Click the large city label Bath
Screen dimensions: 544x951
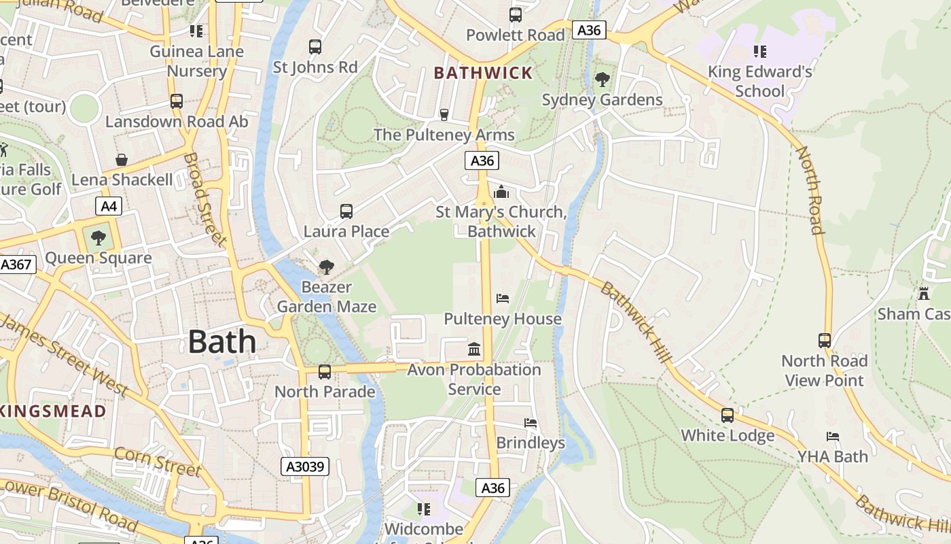point(221,341)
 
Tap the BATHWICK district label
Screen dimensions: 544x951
point(483,73)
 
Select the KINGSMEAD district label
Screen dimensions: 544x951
point(53,411)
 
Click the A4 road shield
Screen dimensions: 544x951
point(107,206)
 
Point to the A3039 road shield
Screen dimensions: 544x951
point(306,466)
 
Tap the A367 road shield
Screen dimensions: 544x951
point(16,264)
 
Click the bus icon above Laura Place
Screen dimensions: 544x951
point(346,211)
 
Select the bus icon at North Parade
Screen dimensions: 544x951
point(325,372)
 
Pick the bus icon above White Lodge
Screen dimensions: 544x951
point(728,415)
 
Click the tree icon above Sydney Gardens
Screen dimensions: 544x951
point(602,80)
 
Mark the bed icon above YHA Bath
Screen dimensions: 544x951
point(833,436)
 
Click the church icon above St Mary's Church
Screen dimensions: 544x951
point(501,192)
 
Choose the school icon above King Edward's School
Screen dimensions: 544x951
point(759,51)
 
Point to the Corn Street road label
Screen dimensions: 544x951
point(158,462)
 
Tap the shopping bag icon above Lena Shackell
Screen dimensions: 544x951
point(122,160)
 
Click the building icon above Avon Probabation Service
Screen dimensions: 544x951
point(474,350)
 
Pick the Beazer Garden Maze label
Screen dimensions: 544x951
point(326,296)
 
